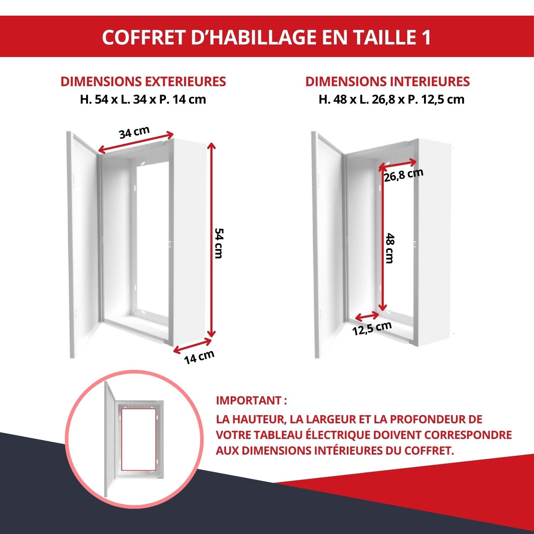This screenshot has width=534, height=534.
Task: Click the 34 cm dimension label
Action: pos(134,132)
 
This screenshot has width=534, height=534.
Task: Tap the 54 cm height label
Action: pos(218,243)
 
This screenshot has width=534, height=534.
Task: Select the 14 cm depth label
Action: pos(199,357)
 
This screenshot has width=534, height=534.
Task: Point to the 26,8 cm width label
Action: pos(404,175)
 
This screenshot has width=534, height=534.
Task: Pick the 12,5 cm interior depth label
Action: pos(372,328)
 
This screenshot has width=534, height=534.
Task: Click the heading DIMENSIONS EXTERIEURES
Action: pos(143,82)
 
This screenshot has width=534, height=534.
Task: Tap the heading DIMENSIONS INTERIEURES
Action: pos(387,82)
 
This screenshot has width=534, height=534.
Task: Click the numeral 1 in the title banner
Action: pos(426,37)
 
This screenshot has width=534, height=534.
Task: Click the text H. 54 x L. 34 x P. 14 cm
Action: pos(143,99)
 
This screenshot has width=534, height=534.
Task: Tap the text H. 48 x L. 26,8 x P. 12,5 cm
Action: pos(391,99)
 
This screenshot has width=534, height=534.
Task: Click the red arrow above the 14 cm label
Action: pos(192,346)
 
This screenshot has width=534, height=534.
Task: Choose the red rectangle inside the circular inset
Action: pos(138,439)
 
